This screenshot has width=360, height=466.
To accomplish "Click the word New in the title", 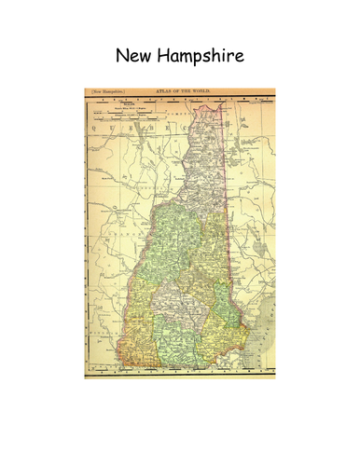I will click(134, 56).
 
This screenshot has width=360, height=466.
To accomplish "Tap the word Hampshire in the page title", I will click(200, 57).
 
